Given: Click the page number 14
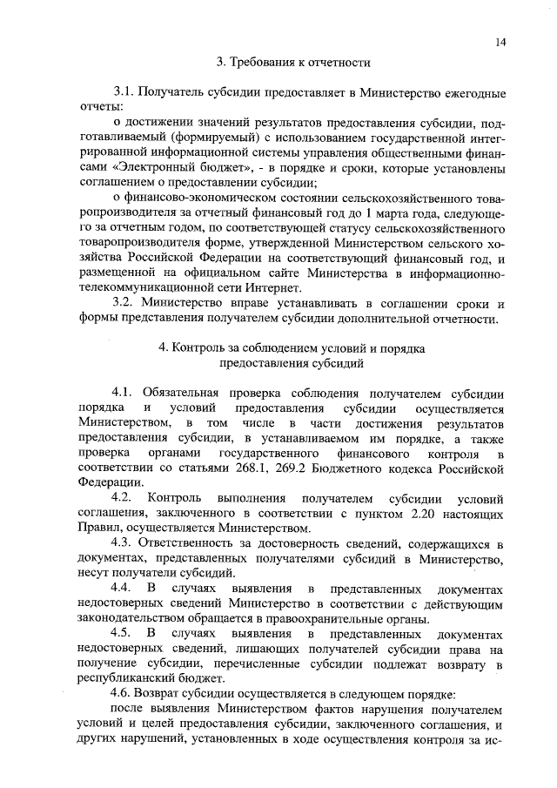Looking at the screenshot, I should coord(501,42).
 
